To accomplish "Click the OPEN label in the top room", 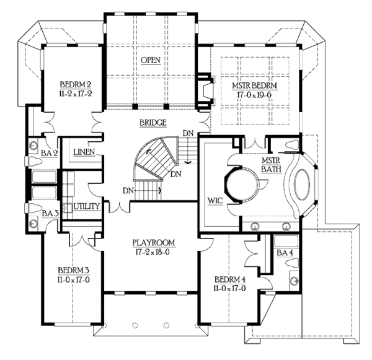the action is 151,60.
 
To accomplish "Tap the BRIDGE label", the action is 153,123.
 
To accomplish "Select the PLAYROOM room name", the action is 154,243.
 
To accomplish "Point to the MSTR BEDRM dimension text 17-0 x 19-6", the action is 254,95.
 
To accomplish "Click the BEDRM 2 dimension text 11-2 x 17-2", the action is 76,94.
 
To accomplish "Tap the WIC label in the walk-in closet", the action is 215,201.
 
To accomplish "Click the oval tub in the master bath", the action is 302,185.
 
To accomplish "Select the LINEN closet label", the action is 84,152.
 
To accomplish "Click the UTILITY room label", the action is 87,206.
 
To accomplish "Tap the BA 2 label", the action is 50,153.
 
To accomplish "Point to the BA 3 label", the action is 50,213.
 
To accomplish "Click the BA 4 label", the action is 285,253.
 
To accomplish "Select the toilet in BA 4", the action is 292,263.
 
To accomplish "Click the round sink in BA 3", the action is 32,224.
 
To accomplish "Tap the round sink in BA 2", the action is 33,145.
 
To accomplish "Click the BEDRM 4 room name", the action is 230,279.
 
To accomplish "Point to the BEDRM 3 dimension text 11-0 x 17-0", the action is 73,280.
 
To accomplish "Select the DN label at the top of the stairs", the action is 188,133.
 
